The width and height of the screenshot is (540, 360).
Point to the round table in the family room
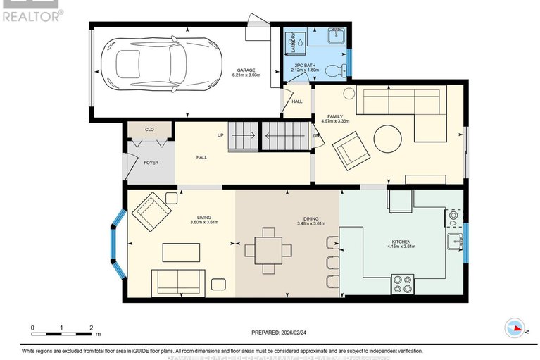click(x=389, y=139)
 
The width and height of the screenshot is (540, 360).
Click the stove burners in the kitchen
click(x=403, y=284)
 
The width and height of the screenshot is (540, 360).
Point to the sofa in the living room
click(x=178, y=283)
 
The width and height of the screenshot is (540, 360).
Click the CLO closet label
click(x=149, y=130)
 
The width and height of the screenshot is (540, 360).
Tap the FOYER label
click(x=151, y=163)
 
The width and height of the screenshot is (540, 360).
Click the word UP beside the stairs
click(x=220, y=136)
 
